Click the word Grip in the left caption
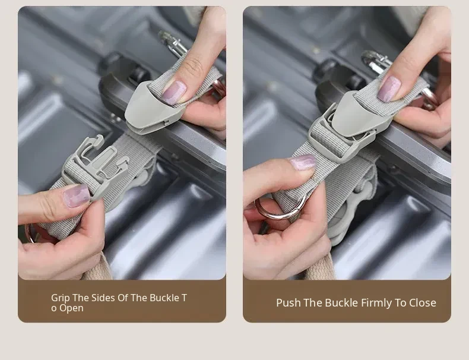click(60, 298)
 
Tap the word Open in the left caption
click(71, 308)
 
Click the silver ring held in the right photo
click(281, 207)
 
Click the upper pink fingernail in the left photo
click(174, 92)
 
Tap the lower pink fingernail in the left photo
click(77, 195)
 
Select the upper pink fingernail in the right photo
click(389, 89)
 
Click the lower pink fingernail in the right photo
click(303, 162)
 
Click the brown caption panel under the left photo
click(122, 301)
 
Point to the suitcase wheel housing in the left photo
click(126, 72)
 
